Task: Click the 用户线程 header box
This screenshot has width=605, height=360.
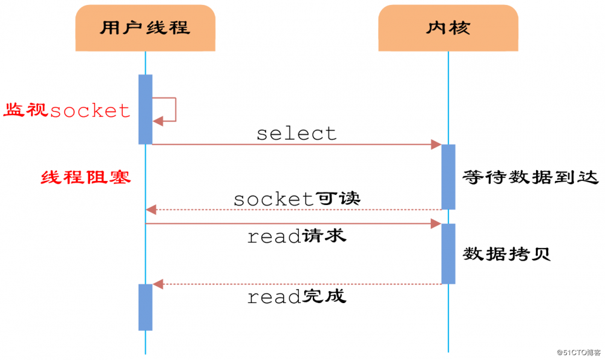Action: (145, 28)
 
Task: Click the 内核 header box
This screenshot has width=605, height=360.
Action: (448, 28)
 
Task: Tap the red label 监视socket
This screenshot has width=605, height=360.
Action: (67, 110)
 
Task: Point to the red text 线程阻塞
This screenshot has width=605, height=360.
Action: (86, 177)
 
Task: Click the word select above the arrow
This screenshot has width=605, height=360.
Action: (296, 133)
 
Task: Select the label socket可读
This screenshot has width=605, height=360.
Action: (296, 198)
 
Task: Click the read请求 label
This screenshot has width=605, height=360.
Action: (296, 237)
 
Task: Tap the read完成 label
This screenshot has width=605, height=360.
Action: (296, 296)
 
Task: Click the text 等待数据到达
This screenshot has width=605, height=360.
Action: (530, 177)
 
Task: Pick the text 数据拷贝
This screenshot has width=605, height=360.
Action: (507, 253)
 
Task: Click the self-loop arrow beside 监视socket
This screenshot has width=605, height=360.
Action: (169, 110)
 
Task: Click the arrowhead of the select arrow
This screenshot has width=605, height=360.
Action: (436, 145)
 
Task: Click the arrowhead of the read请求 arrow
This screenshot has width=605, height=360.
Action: (436, 224)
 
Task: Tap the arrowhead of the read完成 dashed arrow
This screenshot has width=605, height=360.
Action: (159, 284)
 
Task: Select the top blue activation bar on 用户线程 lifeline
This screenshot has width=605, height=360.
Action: (145, 109)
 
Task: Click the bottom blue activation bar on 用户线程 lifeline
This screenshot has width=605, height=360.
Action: (145, 307)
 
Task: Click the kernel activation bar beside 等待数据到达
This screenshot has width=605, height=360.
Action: (448, 177)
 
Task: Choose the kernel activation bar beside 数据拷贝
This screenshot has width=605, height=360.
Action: (448, 254)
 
